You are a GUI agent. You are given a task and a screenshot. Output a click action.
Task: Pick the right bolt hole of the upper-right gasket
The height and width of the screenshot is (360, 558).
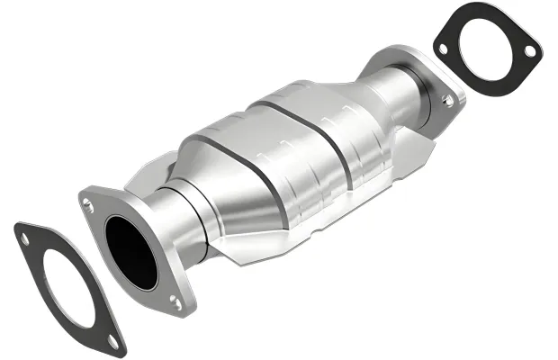click(529, 51)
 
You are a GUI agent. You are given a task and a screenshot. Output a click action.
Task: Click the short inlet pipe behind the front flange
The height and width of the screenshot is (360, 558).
click(175, 216)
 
